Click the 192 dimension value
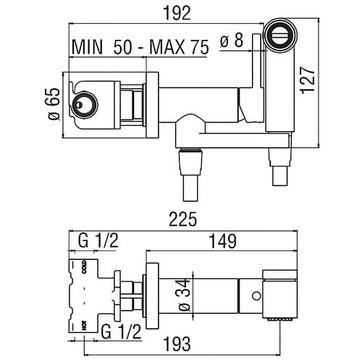(177, 13)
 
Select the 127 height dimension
(308, 80)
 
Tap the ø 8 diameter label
(232, 40)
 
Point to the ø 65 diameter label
(54, 104)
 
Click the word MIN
(88, 47)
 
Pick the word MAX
(167, 47)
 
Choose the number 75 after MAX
(197, 47)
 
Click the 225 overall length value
(183, 219)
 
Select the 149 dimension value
(222, 241)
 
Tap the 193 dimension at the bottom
(177, 344)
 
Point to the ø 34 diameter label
(185, 295)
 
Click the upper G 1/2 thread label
(98, 240)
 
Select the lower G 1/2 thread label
(121, 332)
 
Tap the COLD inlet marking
(84, 266)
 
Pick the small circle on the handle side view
(256, 296)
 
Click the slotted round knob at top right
(279, 35)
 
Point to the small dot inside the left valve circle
(79, 105)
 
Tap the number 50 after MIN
(122, 47)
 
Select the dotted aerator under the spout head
(279, 320)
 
